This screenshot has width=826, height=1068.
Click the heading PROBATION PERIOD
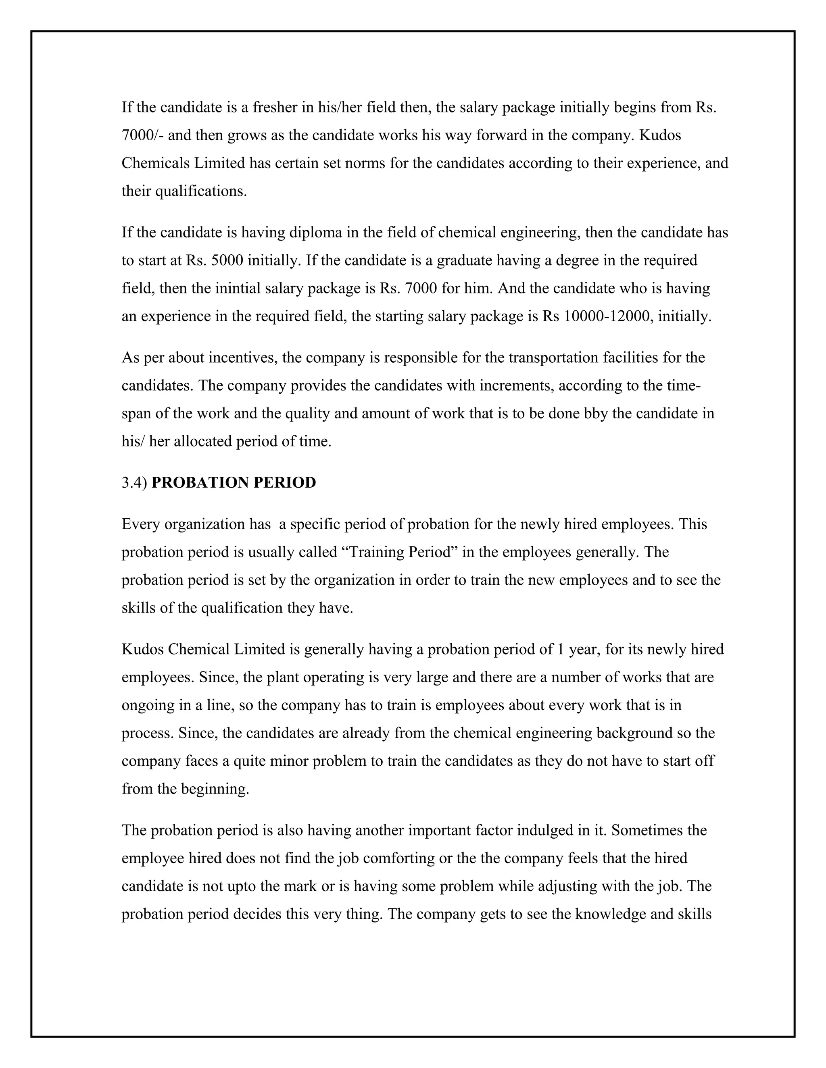coord(234,483)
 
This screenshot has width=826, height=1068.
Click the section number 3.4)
coord(134,483)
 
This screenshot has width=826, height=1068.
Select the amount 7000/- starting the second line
coord(142,135)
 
